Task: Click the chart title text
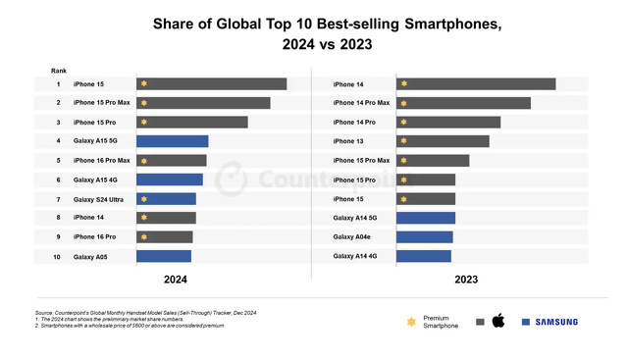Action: click(x=313, y=33)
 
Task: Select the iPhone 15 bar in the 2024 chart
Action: click(x=211, y=84)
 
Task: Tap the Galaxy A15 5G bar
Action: click(x=172, y=141)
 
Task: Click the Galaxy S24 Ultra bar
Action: click(x=166, y=199)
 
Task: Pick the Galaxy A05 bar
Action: click(x=163, y=256)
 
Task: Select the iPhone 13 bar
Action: click(x=443, y=141)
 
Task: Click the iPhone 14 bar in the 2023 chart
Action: click(x=476, y=84)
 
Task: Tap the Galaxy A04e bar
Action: click(x=424, y=237)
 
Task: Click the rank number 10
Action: click(x=58, y=256)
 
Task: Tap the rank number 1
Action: click(x=58, y=84)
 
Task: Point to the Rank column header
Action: click(x=59, y=71)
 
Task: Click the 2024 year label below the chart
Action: click(x=176, y=280)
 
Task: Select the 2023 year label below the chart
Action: click(x=466, y=280)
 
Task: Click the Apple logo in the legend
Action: click(x=497, y=321)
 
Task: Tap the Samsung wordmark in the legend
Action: click(x=556, y=322)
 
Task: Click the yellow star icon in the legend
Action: click(x=409, y=322)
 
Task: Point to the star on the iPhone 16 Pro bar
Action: click(x=143, y=237)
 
